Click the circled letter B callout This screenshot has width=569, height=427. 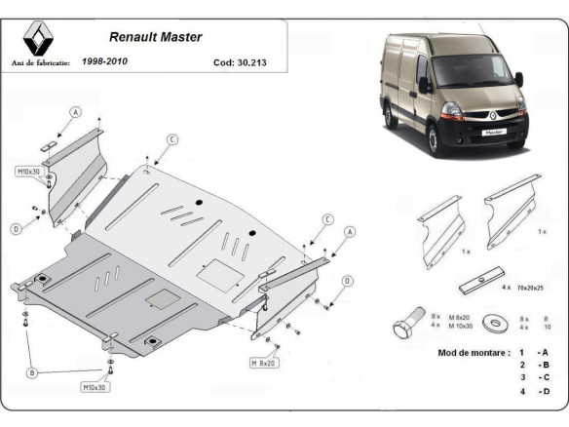pyautogui.click(x=33, y=372)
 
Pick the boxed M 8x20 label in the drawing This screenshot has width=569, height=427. pyautogui.click(x=264, y=363)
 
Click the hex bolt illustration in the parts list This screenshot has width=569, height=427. pyautogui.click(x=407, y=323)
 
